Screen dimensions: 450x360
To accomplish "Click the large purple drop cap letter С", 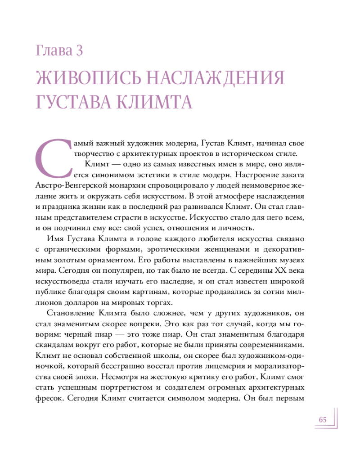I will pyautogui.click(x=53, y=156).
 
